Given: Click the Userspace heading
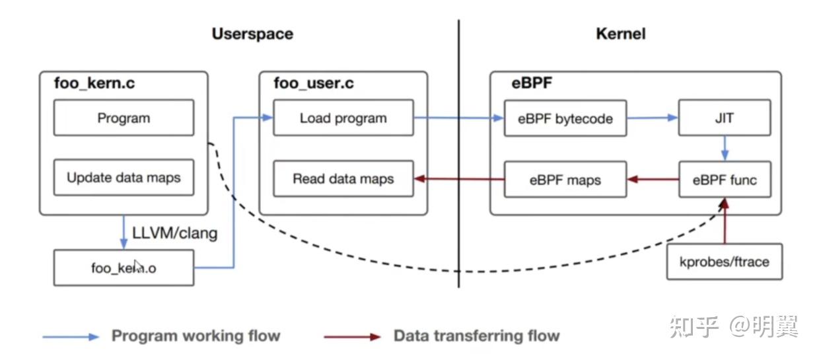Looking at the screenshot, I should [252, 34].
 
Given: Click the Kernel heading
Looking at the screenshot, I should [620, 34].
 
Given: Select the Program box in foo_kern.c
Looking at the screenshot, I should [124, 118].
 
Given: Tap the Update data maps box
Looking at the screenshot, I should [124, 178].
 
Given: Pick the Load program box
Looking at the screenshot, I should [343, 118].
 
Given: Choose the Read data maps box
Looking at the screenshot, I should [343, 178].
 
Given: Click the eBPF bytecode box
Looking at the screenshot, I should [565, 119].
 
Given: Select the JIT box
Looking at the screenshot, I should [725, 119].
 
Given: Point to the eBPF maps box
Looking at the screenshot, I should [565, 179].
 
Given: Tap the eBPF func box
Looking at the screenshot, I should [725, 179].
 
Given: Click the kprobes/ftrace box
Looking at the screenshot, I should [724, 262].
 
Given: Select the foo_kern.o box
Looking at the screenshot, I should [124, 268].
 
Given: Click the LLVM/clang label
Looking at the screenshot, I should [174, 233].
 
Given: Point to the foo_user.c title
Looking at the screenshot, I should [313, 83].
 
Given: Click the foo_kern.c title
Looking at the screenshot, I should [94, 83].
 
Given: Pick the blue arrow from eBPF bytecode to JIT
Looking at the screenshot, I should [653, 118].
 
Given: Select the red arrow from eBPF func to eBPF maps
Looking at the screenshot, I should [653, 179].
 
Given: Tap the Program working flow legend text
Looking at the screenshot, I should [196, 336].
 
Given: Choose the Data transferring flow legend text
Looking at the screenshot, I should [476, 336].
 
